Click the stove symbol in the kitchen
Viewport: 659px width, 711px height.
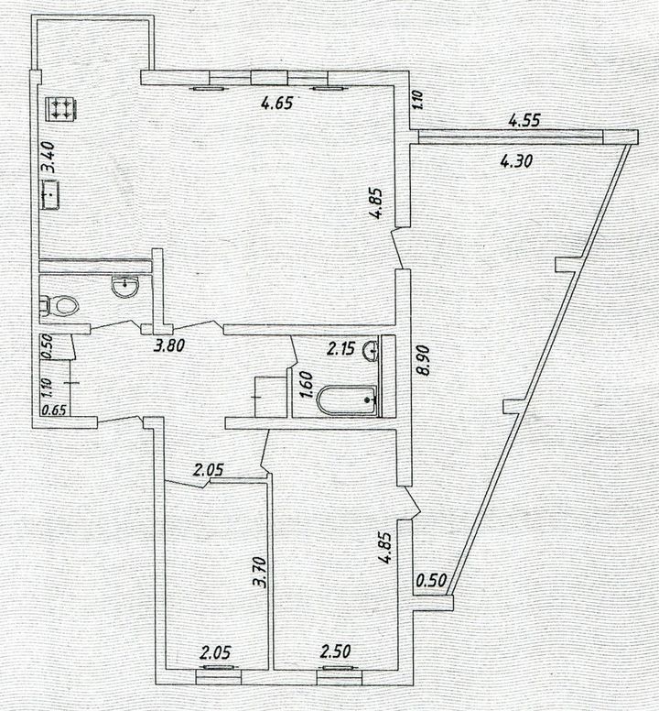coord(59,109)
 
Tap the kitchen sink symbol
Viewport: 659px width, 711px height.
coord(51,194)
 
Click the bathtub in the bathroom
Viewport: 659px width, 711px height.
coord(348,399)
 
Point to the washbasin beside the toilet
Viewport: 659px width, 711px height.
coord(125,287)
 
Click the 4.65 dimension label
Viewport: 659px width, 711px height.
coord(277,103)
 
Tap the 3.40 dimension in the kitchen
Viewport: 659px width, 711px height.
coord(48,157)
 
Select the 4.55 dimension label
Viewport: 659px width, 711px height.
coord(524,120)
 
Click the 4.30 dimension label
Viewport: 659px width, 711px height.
coord(516,160)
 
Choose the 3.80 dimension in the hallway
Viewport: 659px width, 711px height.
coord(169,346)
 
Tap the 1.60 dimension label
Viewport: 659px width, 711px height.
coord(307,385)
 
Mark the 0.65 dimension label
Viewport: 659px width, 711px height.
coord(54,410)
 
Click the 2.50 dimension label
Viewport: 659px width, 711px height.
coord(336,651)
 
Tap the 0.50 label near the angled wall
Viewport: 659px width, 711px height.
coord(431,580)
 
